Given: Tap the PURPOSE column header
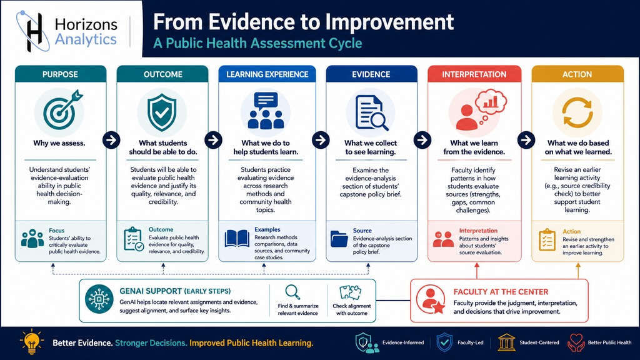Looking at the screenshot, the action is click(61, 74).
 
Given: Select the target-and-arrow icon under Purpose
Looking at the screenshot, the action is click(62, 111).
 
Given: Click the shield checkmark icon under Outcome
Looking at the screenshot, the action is click(162, 112).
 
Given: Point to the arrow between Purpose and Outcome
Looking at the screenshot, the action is click(111, 140).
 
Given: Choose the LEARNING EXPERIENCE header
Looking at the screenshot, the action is click(267, 74).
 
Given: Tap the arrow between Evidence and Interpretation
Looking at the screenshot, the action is click(422, 140).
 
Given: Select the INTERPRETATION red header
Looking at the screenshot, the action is click(474, 74).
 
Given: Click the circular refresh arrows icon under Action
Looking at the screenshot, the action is click(577, 112).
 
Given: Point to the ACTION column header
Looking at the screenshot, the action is click(577, 74).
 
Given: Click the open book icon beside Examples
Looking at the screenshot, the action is click(237, 239).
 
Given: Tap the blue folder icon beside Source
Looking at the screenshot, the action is click(339, 239).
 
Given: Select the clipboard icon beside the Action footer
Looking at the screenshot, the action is click(547, 240).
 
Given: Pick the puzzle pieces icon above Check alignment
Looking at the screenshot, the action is click(351, 292).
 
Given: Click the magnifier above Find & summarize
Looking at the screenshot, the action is click(292, 292).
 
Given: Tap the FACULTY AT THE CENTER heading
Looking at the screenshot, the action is click(501, 292).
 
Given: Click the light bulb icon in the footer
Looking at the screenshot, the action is click(31, 341).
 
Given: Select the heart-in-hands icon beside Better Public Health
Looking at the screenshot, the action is click(576, 343).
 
